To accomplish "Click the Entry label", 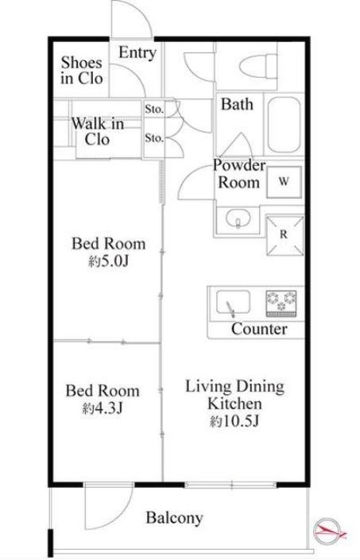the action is click(137, 53).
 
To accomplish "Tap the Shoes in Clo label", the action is click(82, 71).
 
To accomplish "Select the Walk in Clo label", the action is click(98, 131).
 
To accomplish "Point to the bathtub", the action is click(284, 124).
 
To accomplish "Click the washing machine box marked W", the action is click(284, 182).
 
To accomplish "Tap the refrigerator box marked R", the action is click(285, 235).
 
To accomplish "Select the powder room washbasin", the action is click(238, 218).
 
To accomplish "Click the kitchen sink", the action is click(233, 303).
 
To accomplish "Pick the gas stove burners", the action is click(281, 303).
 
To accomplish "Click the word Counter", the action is click(259, 329).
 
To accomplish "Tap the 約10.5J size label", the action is click(234, 422).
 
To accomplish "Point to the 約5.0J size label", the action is click(108, 262).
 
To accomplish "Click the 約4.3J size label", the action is click(103, 407).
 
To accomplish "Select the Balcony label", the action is click(174, 518).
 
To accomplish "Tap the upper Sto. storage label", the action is click(154, 110).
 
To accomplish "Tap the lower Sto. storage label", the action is click(154, 137).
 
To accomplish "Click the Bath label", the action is click(237, 104).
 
